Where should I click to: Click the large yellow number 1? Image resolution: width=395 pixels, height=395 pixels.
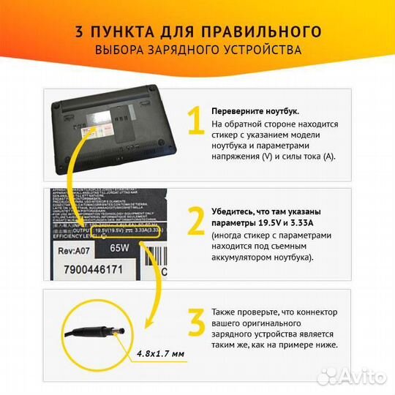point(194,122)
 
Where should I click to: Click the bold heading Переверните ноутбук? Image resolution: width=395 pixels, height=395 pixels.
point(255,111)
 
